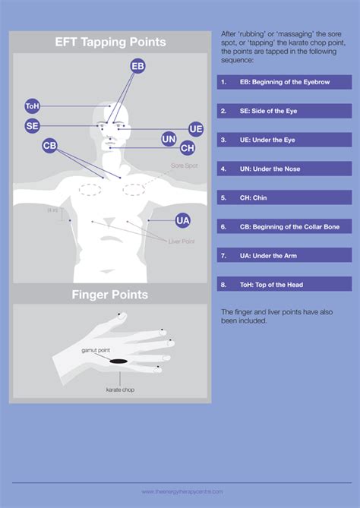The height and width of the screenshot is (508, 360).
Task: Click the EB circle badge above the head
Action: (137, 67)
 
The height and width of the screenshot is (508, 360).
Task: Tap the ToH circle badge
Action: (33, 107)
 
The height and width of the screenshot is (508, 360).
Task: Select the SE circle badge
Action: (32, 126)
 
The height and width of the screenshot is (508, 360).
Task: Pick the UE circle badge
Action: (196, 128)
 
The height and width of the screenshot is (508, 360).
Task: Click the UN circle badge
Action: (169, 139)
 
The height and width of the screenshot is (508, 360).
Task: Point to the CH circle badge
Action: (187, 148)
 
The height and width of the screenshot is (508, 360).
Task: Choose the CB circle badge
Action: (50, 145)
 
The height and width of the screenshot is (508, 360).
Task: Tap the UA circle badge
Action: (182, 220)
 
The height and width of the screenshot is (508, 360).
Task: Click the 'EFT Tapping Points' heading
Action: (110, 43)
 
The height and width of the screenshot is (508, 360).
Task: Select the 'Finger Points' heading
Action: (110, 294)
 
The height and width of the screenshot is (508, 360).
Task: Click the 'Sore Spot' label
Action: (184, 164)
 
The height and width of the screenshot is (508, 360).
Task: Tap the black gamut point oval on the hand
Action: (118, 361)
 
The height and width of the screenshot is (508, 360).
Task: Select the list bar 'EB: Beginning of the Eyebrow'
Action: (284, 82)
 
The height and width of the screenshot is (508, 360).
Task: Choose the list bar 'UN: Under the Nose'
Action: (284, 169)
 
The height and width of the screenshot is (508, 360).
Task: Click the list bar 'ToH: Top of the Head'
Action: (284, 284)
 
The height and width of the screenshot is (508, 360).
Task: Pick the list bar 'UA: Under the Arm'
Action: (284, 255)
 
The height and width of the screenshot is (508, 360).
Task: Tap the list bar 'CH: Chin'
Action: (284, 197)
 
